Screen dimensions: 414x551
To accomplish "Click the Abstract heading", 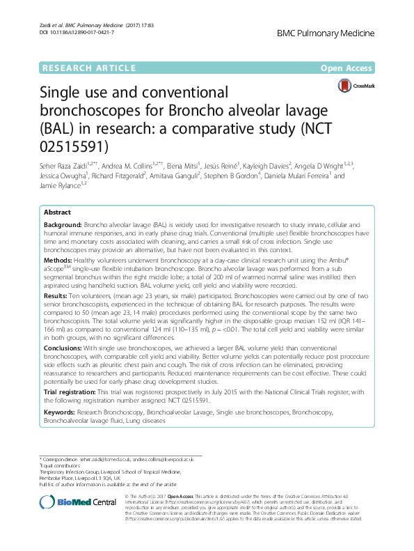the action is pyautogui.click(x=57, y=212).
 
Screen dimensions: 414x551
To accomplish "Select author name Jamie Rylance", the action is pyautogui.click(x=59, y=186).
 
